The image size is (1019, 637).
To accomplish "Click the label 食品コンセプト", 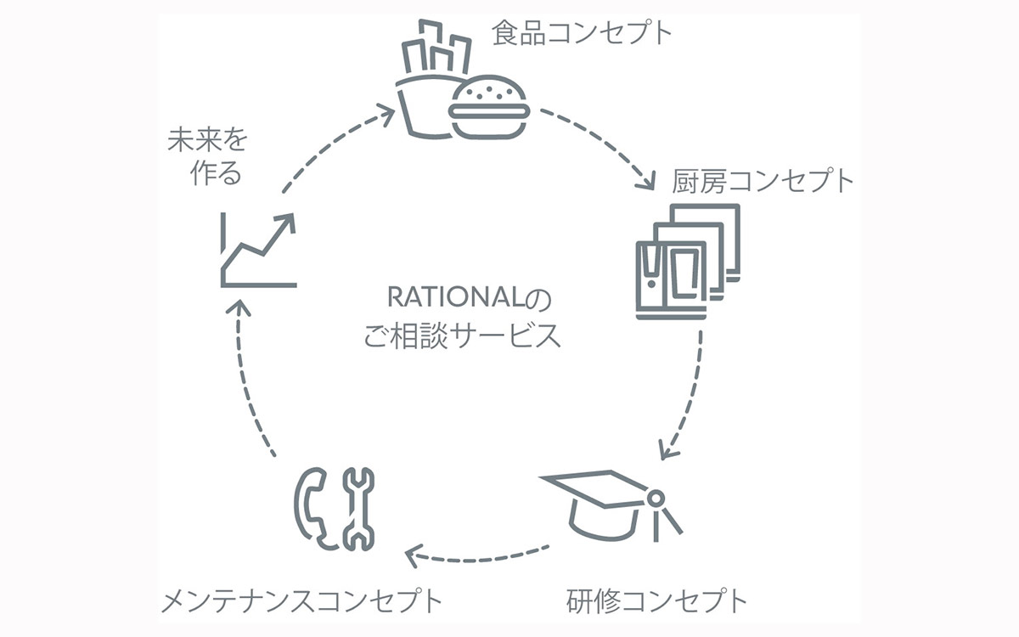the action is (582, 32).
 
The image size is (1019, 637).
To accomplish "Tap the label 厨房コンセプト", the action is (763, 181).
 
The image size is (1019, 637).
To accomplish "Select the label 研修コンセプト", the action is (657, 601).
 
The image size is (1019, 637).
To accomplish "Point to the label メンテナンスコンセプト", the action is (301, 601).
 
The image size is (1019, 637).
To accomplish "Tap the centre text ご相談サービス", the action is (462, 335).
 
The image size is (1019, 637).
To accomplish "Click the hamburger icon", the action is (489, 107).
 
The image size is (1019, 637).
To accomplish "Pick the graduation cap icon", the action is (611, 505).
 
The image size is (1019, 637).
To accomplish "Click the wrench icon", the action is (358, 509).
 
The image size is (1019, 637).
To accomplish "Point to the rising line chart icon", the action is (258, 251).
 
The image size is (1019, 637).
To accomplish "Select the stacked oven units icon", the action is (688, 262).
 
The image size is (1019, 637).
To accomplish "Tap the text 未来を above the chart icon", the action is (207, 139).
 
